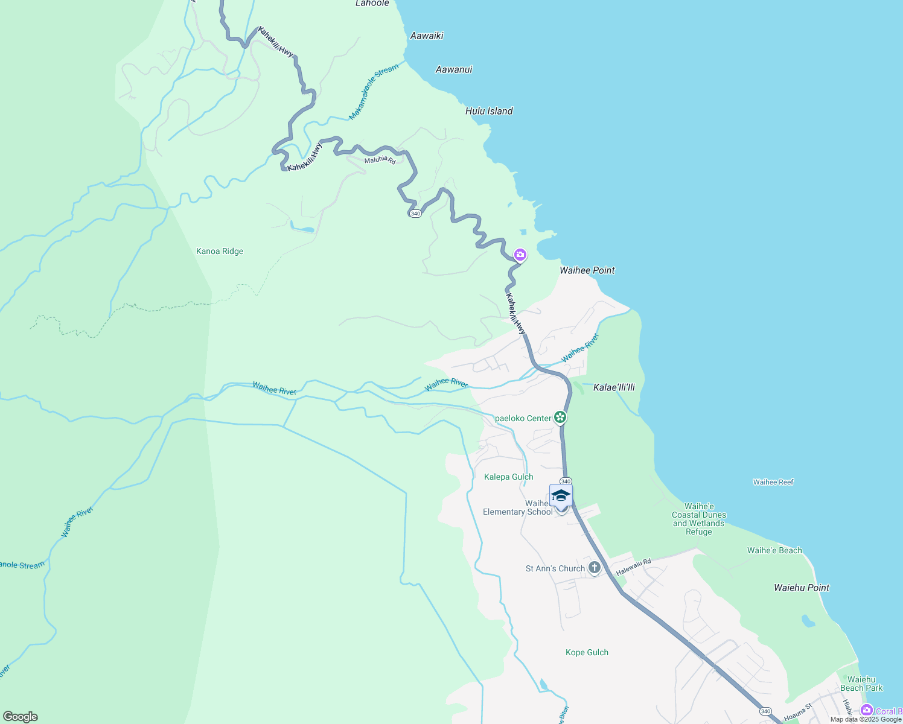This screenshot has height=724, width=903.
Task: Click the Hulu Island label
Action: [x=489, y=111]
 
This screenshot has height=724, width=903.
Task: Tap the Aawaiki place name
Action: [x=427, y=36]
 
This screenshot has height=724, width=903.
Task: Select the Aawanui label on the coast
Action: [x=454, y=69]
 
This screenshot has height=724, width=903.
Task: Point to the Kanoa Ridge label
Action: [x=220, y=251]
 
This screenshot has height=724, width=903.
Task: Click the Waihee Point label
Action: [x=587, y=270]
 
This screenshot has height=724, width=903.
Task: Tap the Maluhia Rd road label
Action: [x=380, y=160]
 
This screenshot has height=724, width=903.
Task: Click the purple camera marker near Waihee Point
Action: [x=520, y=255]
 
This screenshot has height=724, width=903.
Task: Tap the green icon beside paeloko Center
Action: [x=560, y=417]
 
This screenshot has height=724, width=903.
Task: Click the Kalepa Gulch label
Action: [x=508, y=477]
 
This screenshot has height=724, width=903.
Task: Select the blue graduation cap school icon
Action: [x=561, y=495]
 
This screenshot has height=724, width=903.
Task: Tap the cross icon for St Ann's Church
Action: [x=595, y=568]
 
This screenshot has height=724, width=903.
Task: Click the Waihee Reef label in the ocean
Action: [x=773, y=482]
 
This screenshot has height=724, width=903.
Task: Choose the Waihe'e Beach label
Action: [x=774, y=550]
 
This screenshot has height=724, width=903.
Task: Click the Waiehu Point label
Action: [x=802, y=588]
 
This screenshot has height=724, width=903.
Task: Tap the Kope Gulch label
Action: [x=587, y=652]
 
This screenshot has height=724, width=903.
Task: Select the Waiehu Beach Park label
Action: [x=861, y=684]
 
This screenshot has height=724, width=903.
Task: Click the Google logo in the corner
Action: [x=21, y=717]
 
